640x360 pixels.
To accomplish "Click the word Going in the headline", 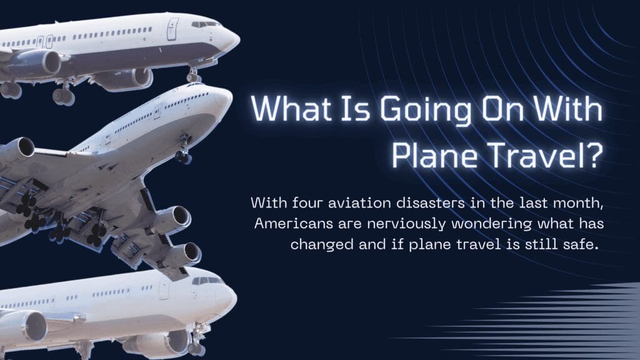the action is (426, 110).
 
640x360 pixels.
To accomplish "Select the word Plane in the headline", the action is (435, 155).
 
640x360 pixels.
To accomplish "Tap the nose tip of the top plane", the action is (239, 39).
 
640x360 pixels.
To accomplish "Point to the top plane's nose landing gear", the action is (194, 75).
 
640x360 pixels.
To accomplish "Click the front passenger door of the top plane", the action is (172, 29).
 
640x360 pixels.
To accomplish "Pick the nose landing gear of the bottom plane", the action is (198, 338).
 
